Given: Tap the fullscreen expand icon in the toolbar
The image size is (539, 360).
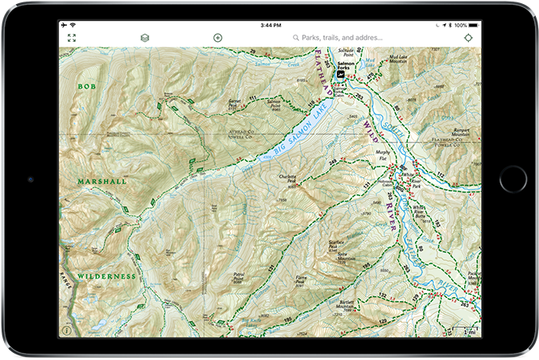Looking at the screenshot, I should [72, 38].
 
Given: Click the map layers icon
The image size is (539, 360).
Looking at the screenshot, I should [144, 38].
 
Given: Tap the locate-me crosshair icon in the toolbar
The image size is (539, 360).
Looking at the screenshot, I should [469, 38].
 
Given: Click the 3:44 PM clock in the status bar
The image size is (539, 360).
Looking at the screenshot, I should [270, 26].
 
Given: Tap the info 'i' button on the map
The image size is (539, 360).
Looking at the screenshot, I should [66, 330].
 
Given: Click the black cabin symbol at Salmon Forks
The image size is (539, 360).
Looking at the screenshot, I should [341, 74].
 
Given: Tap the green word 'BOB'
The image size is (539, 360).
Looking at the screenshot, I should [86, 85].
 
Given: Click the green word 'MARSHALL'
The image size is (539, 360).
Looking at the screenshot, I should [102, 182].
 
